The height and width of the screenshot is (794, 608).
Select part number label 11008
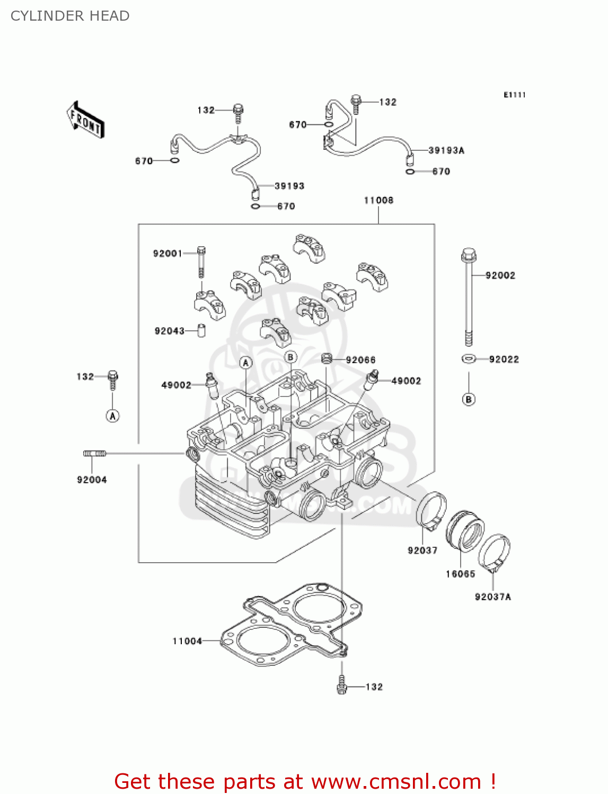point(378,200)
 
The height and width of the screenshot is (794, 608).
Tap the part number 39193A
point(446,150)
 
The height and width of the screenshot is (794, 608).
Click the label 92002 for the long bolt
point(500,275)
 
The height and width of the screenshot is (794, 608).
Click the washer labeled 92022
point(468,359)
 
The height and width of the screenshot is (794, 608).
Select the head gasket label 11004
point(187,641)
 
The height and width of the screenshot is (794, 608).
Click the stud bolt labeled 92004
point(95,453)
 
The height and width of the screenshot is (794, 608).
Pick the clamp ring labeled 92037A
point(494,553)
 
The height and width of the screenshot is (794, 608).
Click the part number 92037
point(422,551)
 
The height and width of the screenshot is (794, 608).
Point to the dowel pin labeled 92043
point(201,330)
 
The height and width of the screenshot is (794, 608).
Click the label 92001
point(168,254)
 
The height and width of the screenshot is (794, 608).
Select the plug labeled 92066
point(327,359)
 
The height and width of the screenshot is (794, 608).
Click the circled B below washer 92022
point(469,399)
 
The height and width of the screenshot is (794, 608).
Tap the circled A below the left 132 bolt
point(112,416)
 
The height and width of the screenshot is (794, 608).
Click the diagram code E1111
point(514,95)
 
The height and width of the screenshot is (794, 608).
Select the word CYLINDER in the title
point(40,16)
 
